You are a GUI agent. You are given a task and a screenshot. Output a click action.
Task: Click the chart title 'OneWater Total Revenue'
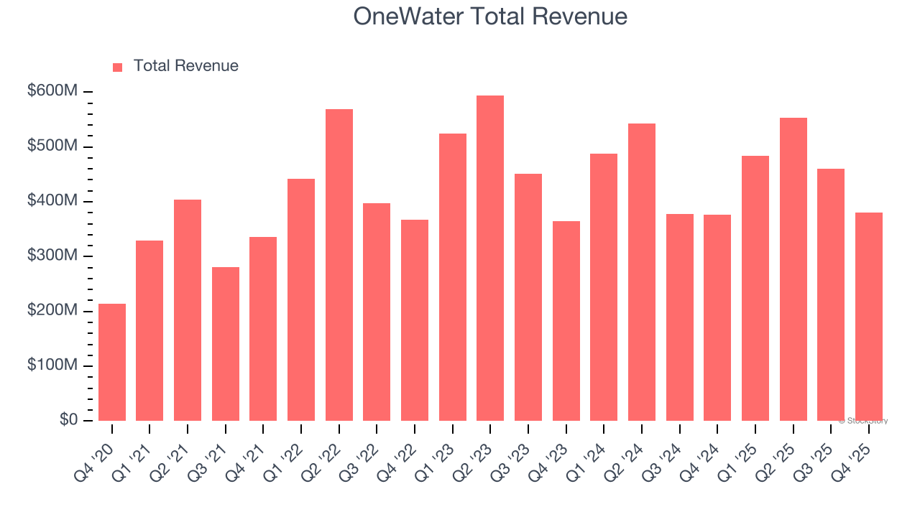pyautogui.click(x=490, y=17)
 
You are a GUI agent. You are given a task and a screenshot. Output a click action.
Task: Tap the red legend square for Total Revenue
pyautogui.click(x=118, y=67)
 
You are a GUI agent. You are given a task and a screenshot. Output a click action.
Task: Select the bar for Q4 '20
pyautogui.click(x=112, y=362)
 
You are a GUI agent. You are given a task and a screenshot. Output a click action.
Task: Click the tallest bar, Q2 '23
pyautogui.click(x=490, y=258)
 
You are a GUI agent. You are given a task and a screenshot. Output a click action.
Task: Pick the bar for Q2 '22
pyautogui.click(x=339, y=265)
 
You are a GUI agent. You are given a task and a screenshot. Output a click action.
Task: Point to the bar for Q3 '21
pyautogui.click(x=226, y=344)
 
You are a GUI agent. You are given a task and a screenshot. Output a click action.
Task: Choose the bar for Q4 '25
pyautogui.click(x=868, y=317)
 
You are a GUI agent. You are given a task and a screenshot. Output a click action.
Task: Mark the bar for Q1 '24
pyautogui.click(x=604, y=287)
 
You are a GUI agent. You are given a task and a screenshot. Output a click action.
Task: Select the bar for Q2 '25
pyautogui.click(x=793, y=269)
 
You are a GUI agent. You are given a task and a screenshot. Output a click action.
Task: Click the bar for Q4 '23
pyautogui.click(x=566, y=321)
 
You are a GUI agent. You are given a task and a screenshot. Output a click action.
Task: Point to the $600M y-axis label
pyautogui.click(x=53, y=92)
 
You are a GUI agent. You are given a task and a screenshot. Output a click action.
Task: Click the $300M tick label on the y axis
pyautogui.click(x=53, y=256)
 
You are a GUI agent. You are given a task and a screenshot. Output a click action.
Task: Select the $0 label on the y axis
pyautogui.click(x=68, y=420)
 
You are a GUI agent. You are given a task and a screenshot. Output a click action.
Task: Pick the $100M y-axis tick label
pyautogui.click(x=53, y=365)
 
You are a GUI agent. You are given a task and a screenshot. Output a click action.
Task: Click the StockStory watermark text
pyautogui.click(x=863, y=421)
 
